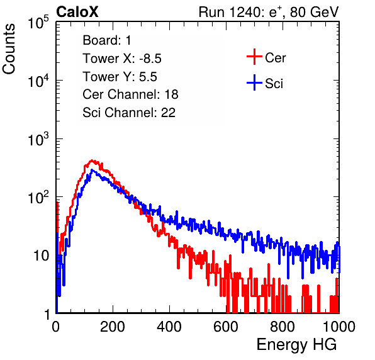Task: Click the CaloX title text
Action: [77, 12]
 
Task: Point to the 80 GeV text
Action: [314, 12]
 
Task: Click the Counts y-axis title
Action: [9, 49]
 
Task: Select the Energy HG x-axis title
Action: [296, 345]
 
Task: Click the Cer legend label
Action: [275, 58]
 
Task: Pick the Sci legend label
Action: [274, 84]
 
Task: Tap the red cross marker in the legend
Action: [254, 57]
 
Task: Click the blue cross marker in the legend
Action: [254, 82]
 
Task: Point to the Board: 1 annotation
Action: [107, 40]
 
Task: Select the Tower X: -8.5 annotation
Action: [122, 59]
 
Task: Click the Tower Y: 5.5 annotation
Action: [120, 77]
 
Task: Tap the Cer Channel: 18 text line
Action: [130, 94]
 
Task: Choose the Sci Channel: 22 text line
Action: [129, 113]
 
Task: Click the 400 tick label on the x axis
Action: [169, 327]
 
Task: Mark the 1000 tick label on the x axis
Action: [339, 327]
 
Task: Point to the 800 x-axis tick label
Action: [283, 327]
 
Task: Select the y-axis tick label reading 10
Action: [41, 256]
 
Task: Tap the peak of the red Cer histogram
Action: [92, 160]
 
